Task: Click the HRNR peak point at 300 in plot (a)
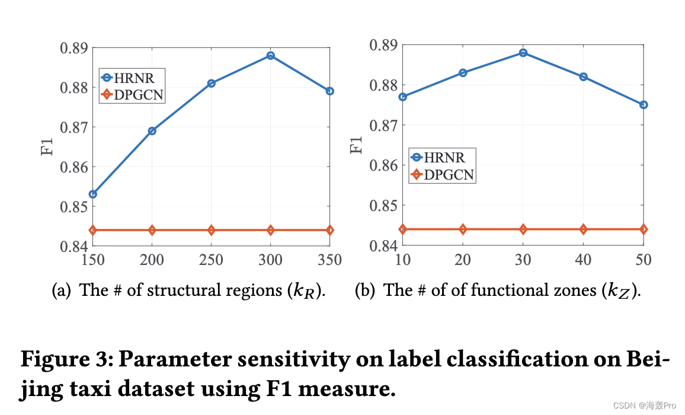(x=271, y=56)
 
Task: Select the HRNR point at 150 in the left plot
(x=93, y=194)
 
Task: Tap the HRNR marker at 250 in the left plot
(x=212, y=84)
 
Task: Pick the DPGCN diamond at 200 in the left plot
(x=152, y=230)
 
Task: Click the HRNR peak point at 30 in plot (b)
(x=523, y=53)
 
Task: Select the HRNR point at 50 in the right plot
(x=644, y=105)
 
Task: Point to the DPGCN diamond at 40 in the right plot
(x=583, y=229)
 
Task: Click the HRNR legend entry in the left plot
(x=132, y=77)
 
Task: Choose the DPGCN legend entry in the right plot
(x=442, y=174)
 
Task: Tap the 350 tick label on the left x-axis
(x=329, y=260)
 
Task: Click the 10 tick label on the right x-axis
(x=403, y=260)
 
